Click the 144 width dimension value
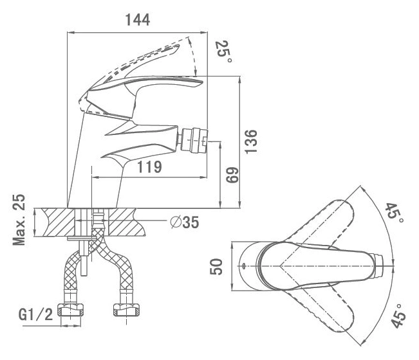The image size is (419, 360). pyautogui.click(x=138, y=19)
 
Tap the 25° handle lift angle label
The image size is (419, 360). pyautogui.click(x=224, y=51)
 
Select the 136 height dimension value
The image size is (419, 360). pyautogui.click(x=251, y=141)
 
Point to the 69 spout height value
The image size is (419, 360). pyautogui.click(x=232, y=175)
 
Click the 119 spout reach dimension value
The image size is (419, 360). pyautogui.click(x=149, y=166)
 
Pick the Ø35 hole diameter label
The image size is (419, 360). pyautogui.click(x=185, y=222)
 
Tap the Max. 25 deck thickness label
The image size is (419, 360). pyautogui.click(x=19, y=220)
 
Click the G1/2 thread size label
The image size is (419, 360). pyautogui.click(x=35, y=314)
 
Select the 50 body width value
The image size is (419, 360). pyautogui.click(x=216, y=266)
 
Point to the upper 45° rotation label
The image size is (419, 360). pyautogui.click(x=394, y=212)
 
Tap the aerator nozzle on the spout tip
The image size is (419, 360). pyautogui.click(x=193, y=140)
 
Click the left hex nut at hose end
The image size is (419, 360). pyautogui.click(x=71, y=310)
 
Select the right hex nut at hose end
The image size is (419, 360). pyautogui.click(x=126, y=310)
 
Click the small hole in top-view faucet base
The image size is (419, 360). pyautogui.click(x=243, y=265)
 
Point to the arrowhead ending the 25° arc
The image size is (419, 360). pyautogui.click(x=196, y=73)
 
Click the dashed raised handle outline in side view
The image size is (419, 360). pyautogui.click(x=134, y=61)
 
